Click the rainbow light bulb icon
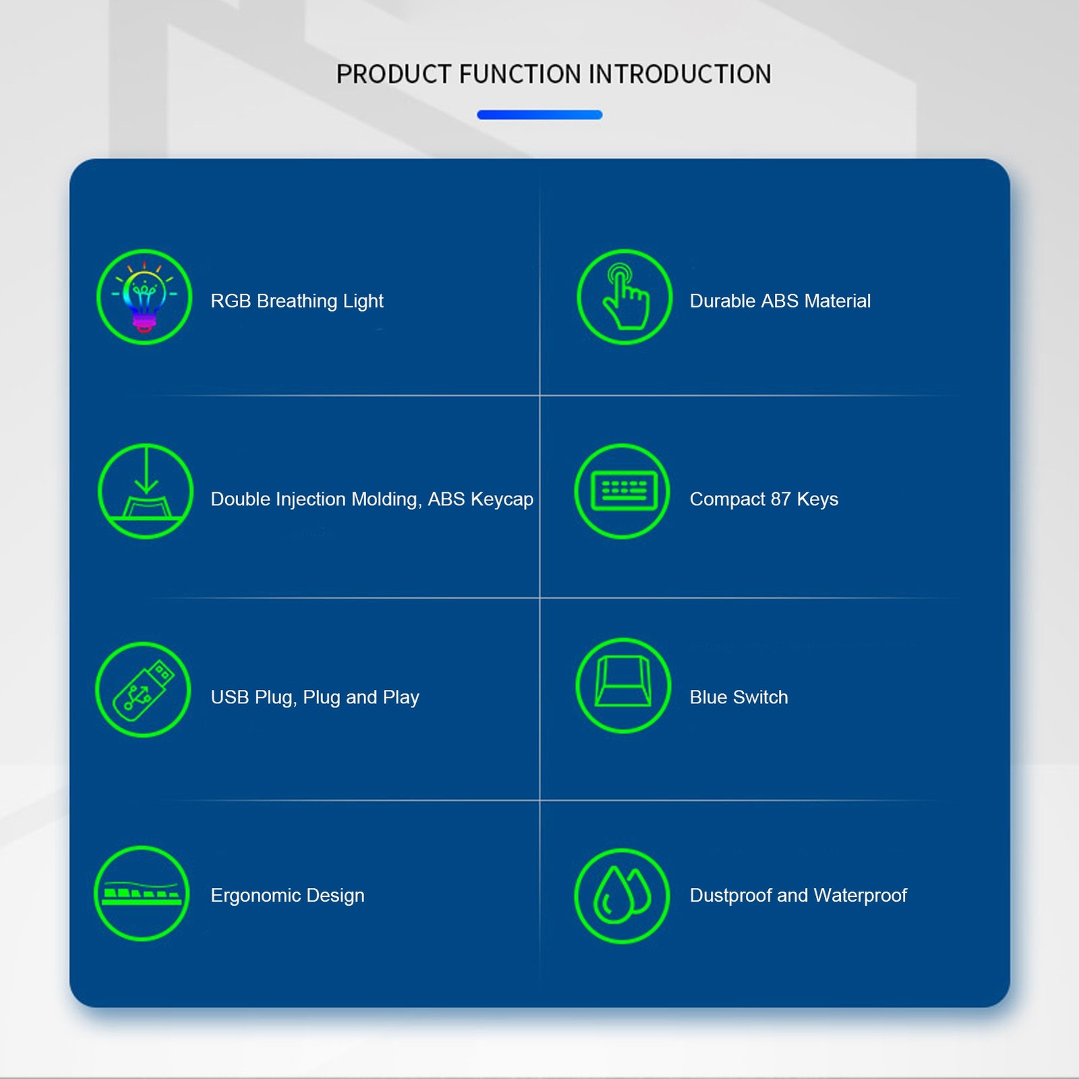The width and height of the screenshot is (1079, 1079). pos(144,297)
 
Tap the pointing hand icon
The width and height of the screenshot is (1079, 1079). pos(624,297)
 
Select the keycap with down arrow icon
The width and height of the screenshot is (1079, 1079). pos(146,491)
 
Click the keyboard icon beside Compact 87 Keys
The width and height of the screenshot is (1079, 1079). pos(622,491)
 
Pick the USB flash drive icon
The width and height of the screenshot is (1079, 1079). pos(143,689)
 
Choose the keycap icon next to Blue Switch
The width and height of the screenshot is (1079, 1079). pos(624,685)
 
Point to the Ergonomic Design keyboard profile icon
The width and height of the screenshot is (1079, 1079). pos(142,893)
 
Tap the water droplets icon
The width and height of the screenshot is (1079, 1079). pos(622,896)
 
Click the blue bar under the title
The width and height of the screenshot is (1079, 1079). pos(539,115)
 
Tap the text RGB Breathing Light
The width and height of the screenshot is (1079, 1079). pos(297,301)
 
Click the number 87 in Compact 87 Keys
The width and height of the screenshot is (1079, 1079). pos(780,499)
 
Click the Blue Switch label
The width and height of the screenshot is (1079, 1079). pos(738,697)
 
